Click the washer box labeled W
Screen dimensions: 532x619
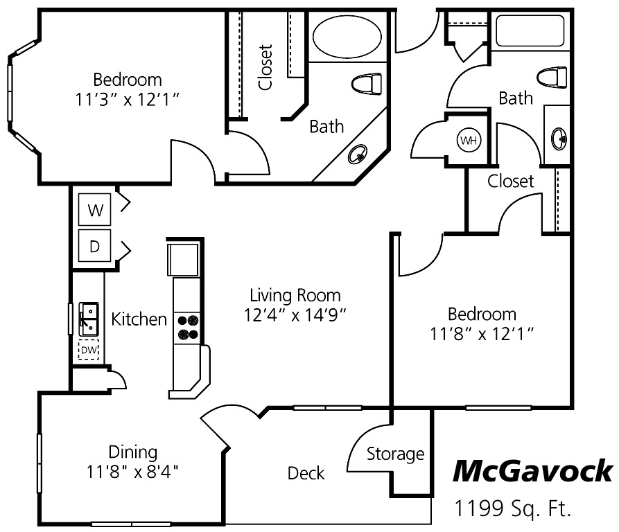96,210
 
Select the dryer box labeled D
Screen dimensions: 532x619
96,245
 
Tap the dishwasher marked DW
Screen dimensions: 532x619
89,351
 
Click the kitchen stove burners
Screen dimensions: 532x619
188,327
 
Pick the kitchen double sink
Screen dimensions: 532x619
88,318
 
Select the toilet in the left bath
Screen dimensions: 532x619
366,84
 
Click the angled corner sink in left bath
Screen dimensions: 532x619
360,154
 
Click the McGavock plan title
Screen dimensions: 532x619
532,472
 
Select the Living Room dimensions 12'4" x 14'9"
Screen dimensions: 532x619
295,314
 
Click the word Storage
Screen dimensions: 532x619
395,454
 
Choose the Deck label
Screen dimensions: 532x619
306,473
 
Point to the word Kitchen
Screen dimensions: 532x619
139,319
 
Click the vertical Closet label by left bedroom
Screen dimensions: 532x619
265,67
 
